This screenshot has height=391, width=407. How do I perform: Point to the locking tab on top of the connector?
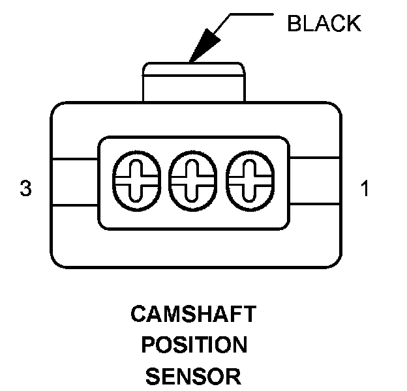(194, 81)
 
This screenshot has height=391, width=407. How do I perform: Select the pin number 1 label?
(364, 190)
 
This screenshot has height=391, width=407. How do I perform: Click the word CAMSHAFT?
(194, 315)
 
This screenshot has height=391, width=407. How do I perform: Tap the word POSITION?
(194, 345)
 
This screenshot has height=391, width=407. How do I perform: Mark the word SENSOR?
(194, 376)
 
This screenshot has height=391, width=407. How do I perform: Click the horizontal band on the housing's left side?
(74, 182)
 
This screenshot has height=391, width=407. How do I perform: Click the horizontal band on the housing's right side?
(314, 182)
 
